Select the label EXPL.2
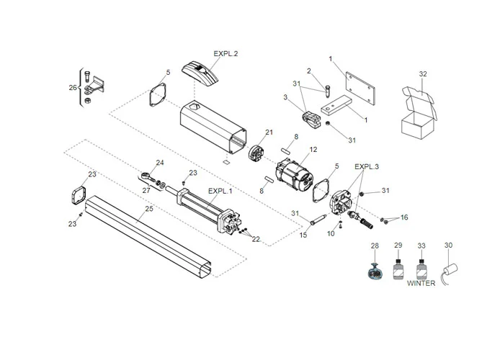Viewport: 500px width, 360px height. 226,54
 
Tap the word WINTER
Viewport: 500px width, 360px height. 421,283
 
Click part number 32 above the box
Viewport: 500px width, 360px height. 423,74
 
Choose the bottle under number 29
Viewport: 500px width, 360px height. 398,273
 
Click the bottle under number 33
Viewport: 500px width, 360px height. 421,271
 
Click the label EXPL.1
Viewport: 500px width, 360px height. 220,192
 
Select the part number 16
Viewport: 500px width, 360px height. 404,217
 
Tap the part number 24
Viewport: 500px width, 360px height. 160,163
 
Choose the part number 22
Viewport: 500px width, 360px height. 255,239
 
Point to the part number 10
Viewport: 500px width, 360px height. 331,234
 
